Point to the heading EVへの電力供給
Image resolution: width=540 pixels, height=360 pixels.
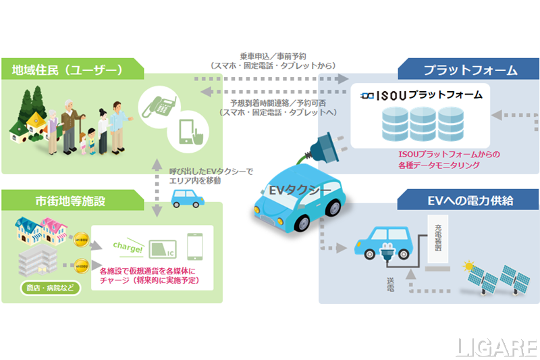pyautogui.click(x=470, y=200)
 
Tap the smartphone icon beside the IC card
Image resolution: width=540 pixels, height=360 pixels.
pyautogui.click(x=195, y=247)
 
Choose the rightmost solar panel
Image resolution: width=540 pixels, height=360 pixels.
pyautogui.click(x=517, y=278)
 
